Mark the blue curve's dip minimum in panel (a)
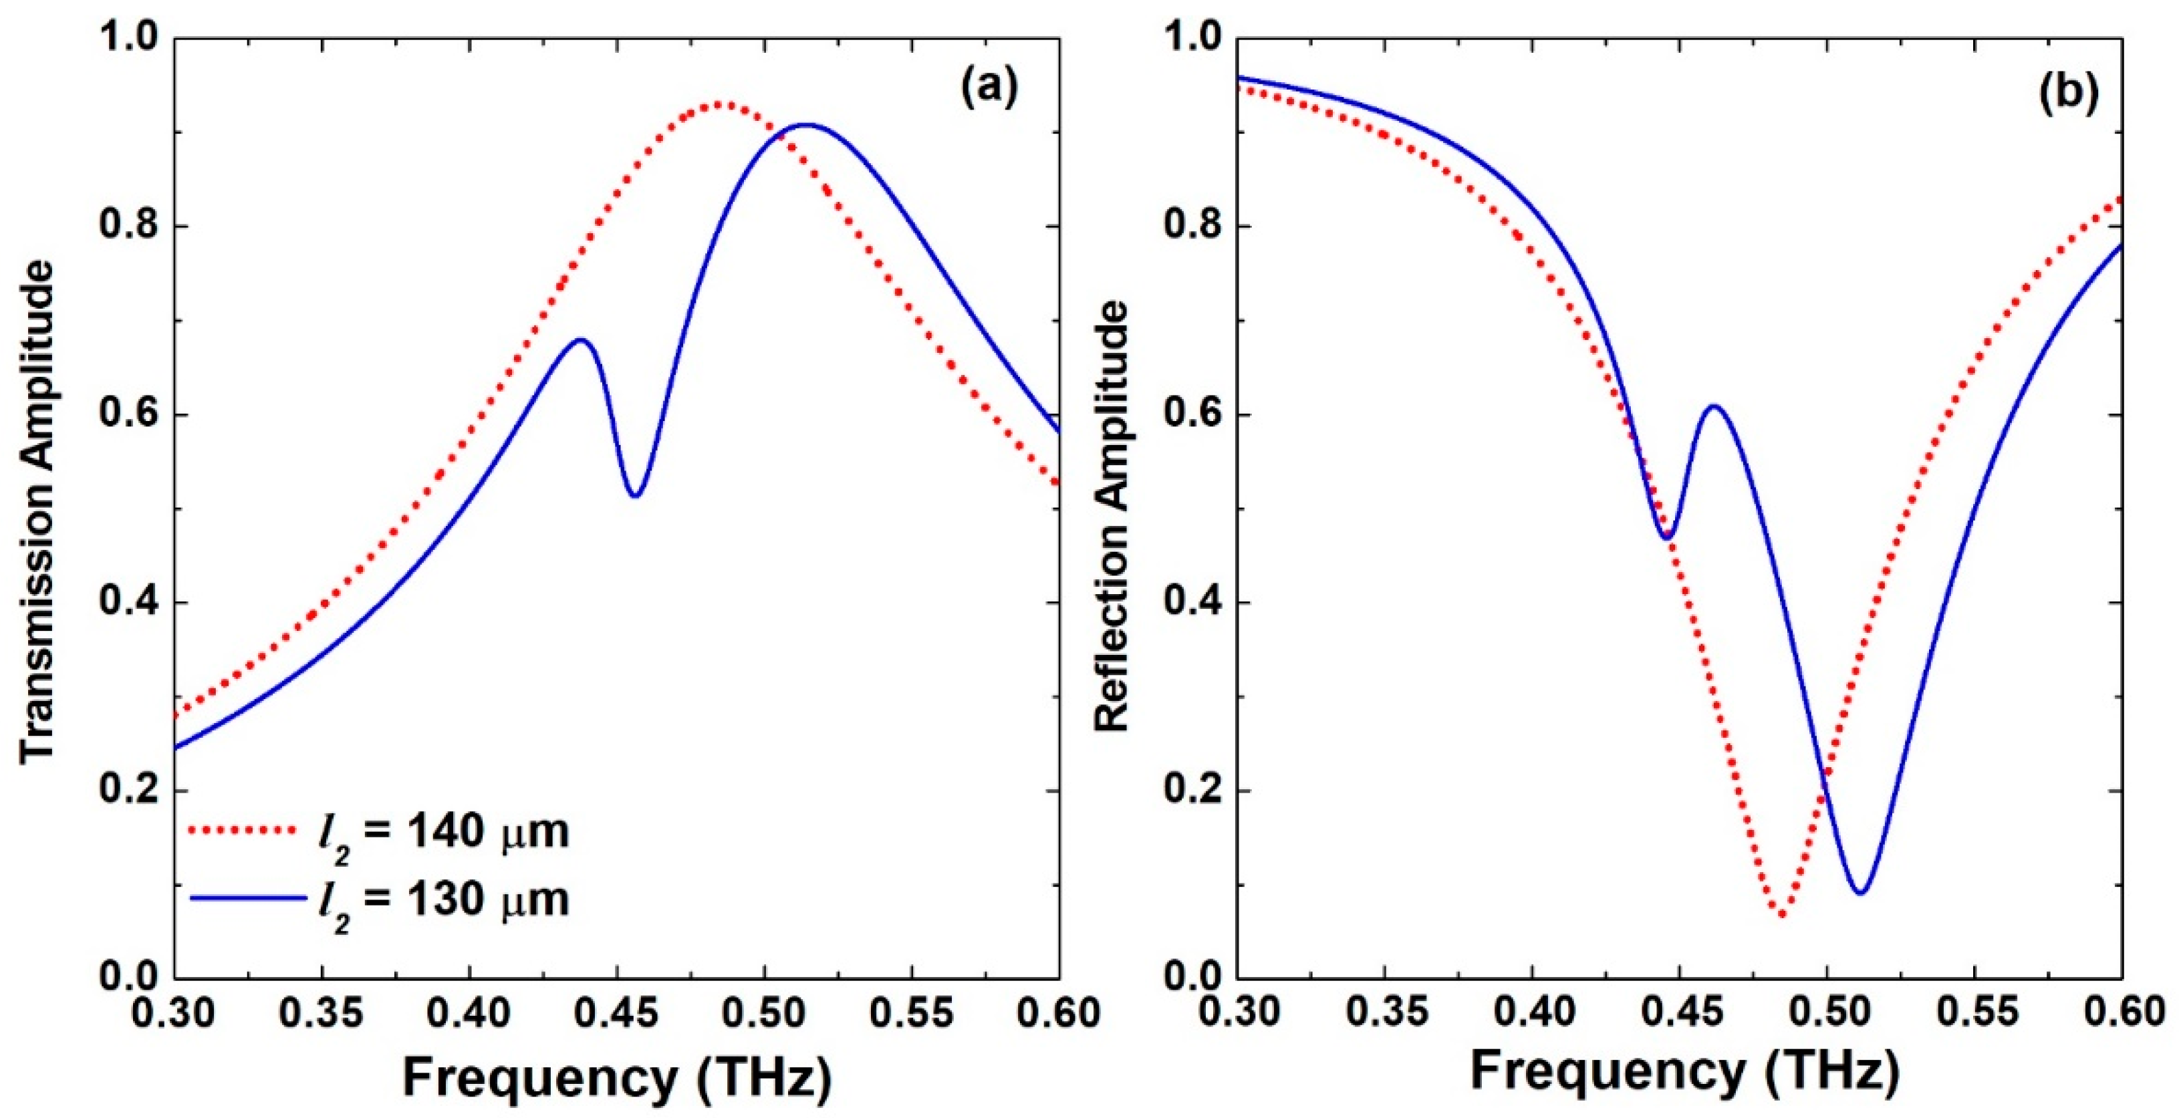635,496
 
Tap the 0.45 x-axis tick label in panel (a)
618,1013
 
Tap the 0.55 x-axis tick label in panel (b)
1974,1013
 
